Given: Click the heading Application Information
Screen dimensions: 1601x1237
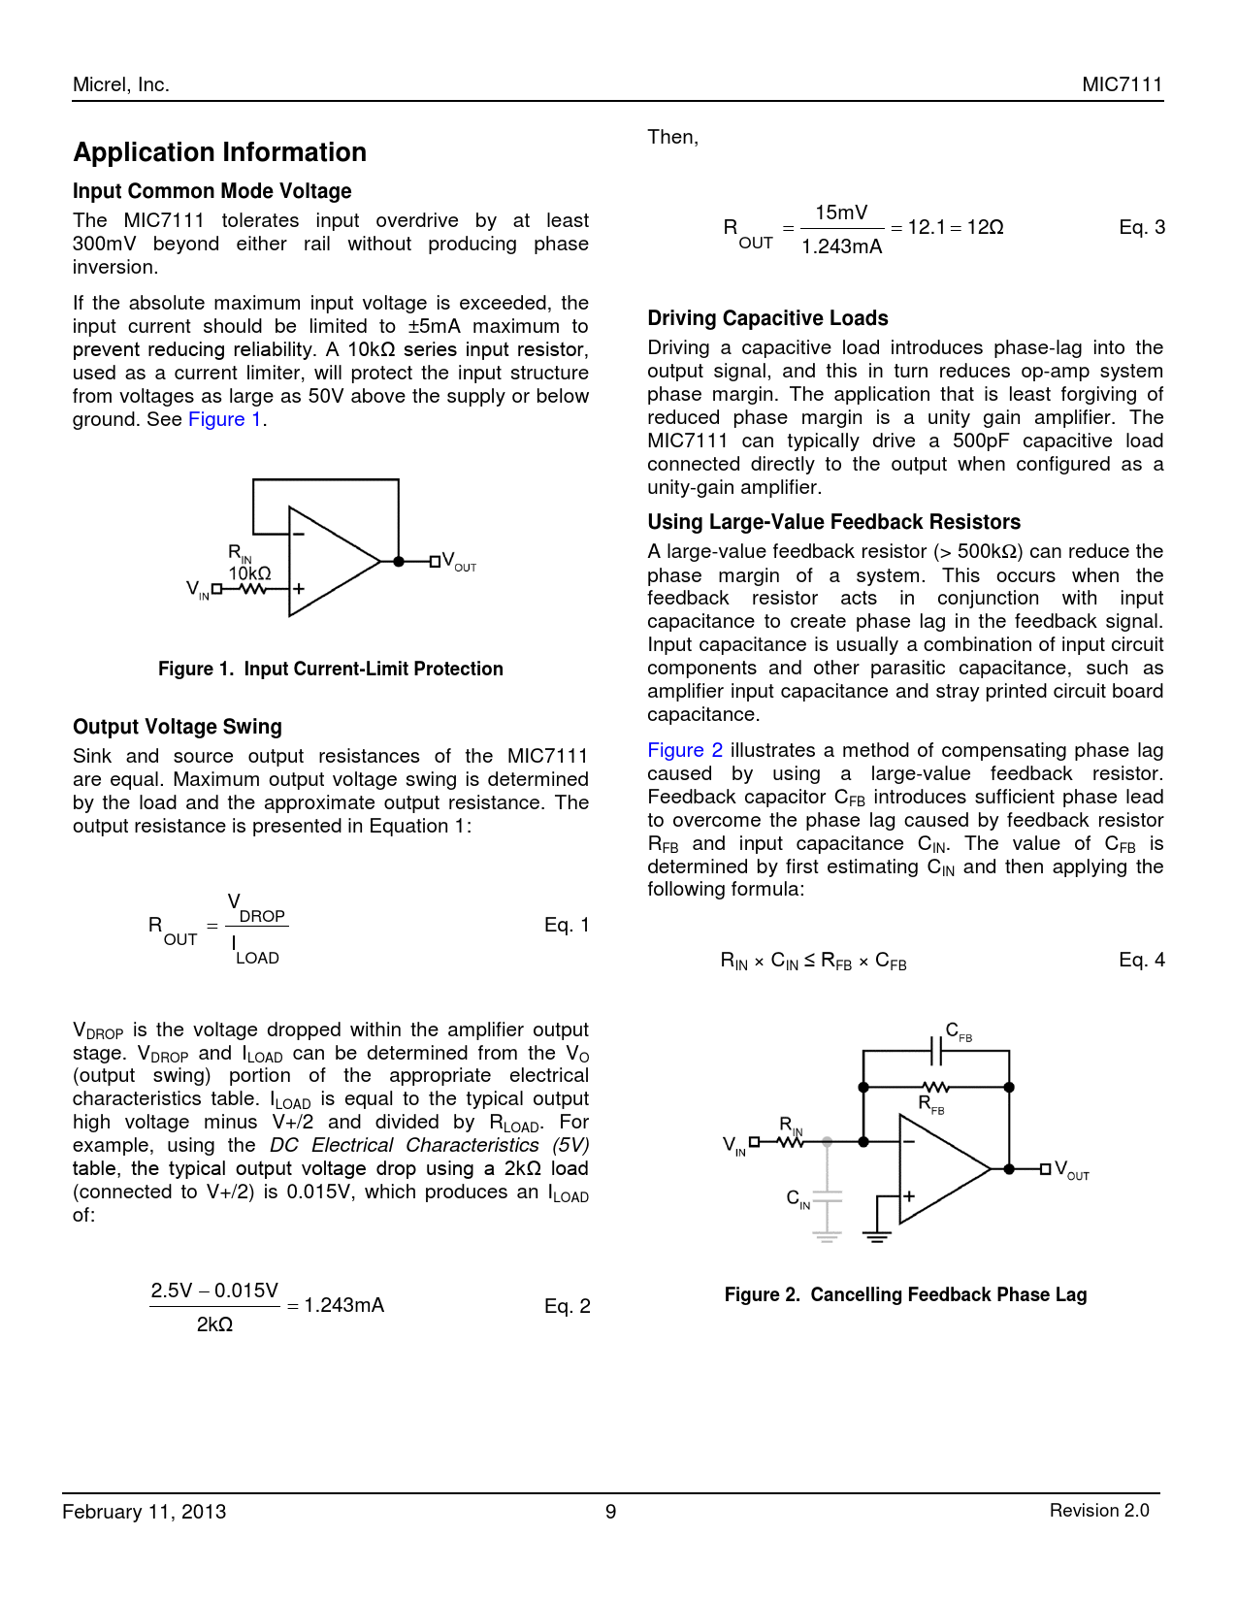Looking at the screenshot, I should point(220,152).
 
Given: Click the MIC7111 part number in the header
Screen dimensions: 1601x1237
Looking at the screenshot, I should point(1122,84).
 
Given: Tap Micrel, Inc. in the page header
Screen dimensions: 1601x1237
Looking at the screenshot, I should point(121,84).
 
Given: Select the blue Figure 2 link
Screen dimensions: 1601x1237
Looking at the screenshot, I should point(685,750).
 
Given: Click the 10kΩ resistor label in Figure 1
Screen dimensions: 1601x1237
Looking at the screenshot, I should point(249,573).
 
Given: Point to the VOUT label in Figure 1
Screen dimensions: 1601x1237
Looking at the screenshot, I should point(459,562).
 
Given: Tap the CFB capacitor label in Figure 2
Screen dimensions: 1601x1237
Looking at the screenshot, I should point(958,1032).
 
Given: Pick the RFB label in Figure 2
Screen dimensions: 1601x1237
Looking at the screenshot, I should point(930,1104).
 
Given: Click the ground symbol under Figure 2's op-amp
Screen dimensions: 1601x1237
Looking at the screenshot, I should point(876,1236).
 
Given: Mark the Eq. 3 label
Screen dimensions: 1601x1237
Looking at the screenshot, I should point(1142,227).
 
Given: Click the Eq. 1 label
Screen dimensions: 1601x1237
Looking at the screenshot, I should point(567,925).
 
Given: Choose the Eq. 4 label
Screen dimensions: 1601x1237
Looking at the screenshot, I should point(1142,960).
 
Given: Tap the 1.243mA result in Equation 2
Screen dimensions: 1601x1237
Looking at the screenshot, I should point(344,1305).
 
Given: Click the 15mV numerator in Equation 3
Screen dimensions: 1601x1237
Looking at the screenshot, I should point(841,212).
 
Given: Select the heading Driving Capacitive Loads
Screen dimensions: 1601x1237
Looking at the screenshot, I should point(767,318).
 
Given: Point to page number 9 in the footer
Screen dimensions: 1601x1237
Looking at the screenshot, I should point(611,1511).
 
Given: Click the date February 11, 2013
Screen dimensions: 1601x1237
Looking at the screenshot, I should point(145,1511).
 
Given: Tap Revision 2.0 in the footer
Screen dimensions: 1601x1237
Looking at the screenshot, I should point(1099,1510).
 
